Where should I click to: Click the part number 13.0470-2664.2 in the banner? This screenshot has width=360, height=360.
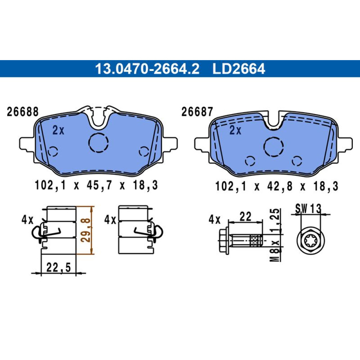(x=147, y=69)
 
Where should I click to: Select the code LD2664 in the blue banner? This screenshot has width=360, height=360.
(x=239, y=69)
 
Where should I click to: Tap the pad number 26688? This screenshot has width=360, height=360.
(x=23, y=112)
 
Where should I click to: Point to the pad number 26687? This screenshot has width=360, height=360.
(x=197, y=112)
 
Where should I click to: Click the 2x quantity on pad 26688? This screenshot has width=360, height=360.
(x=58, y=130)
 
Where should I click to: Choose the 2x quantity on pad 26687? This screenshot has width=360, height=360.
(x=235, y=130)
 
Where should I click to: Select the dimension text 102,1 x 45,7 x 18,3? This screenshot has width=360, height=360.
(x=96, y=185)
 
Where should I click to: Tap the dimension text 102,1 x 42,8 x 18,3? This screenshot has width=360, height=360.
(x=276, y=186)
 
